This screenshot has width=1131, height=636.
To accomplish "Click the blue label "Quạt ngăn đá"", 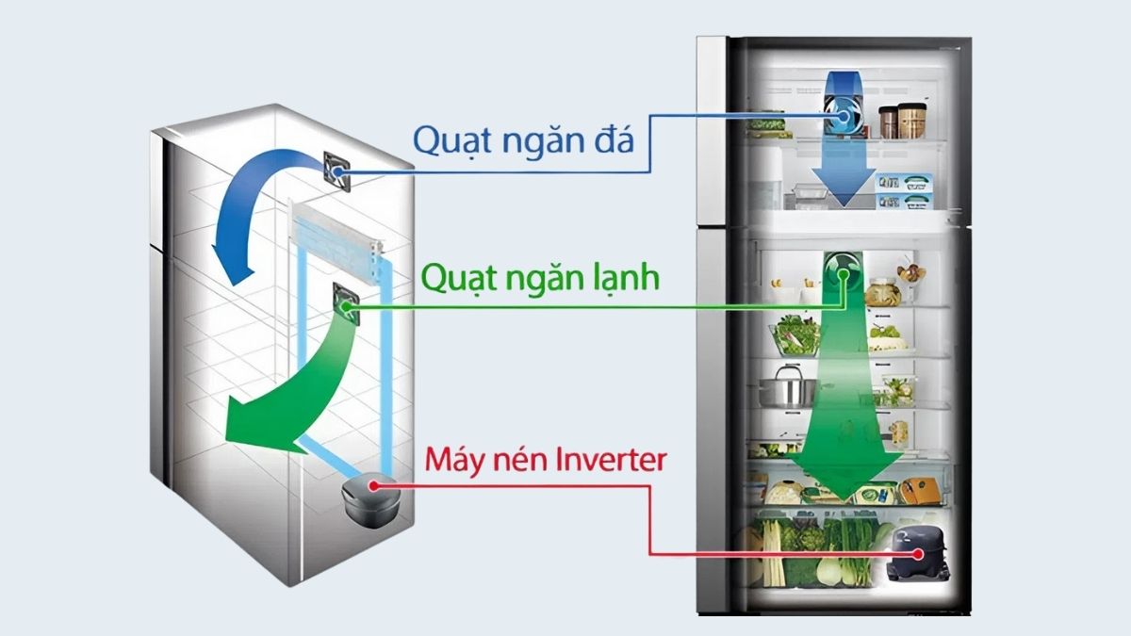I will coord(523,142).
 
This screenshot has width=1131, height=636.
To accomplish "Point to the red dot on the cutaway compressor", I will coord(374,485).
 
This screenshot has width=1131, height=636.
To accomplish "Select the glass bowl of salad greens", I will coord(796,334).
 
